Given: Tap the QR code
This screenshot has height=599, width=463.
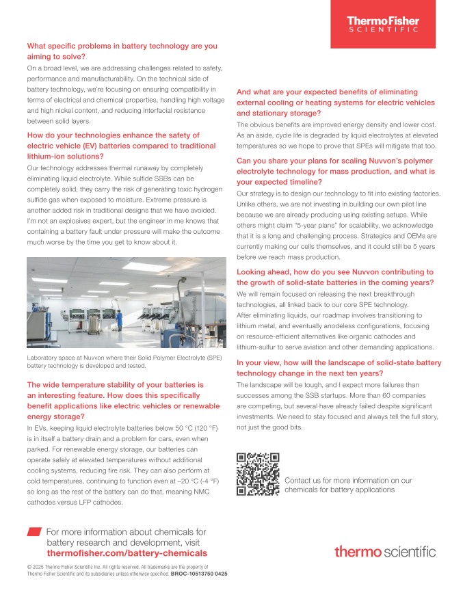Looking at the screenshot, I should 258,475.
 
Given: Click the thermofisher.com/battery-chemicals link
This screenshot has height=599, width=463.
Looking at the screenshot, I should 127,553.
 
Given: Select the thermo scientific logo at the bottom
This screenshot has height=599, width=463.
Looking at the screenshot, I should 385,551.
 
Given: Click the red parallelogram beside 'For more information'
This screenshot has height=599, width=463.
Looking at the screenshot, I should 34,531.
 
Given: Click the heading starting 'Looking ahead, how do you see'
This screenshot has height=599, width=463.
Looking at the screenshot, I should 335,276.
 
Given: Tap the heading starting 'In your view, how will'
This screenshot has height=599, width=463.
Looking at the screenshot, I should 339,367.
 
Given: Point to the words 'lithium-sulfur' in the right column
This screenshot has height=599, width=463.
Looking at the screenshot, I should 259,347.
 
